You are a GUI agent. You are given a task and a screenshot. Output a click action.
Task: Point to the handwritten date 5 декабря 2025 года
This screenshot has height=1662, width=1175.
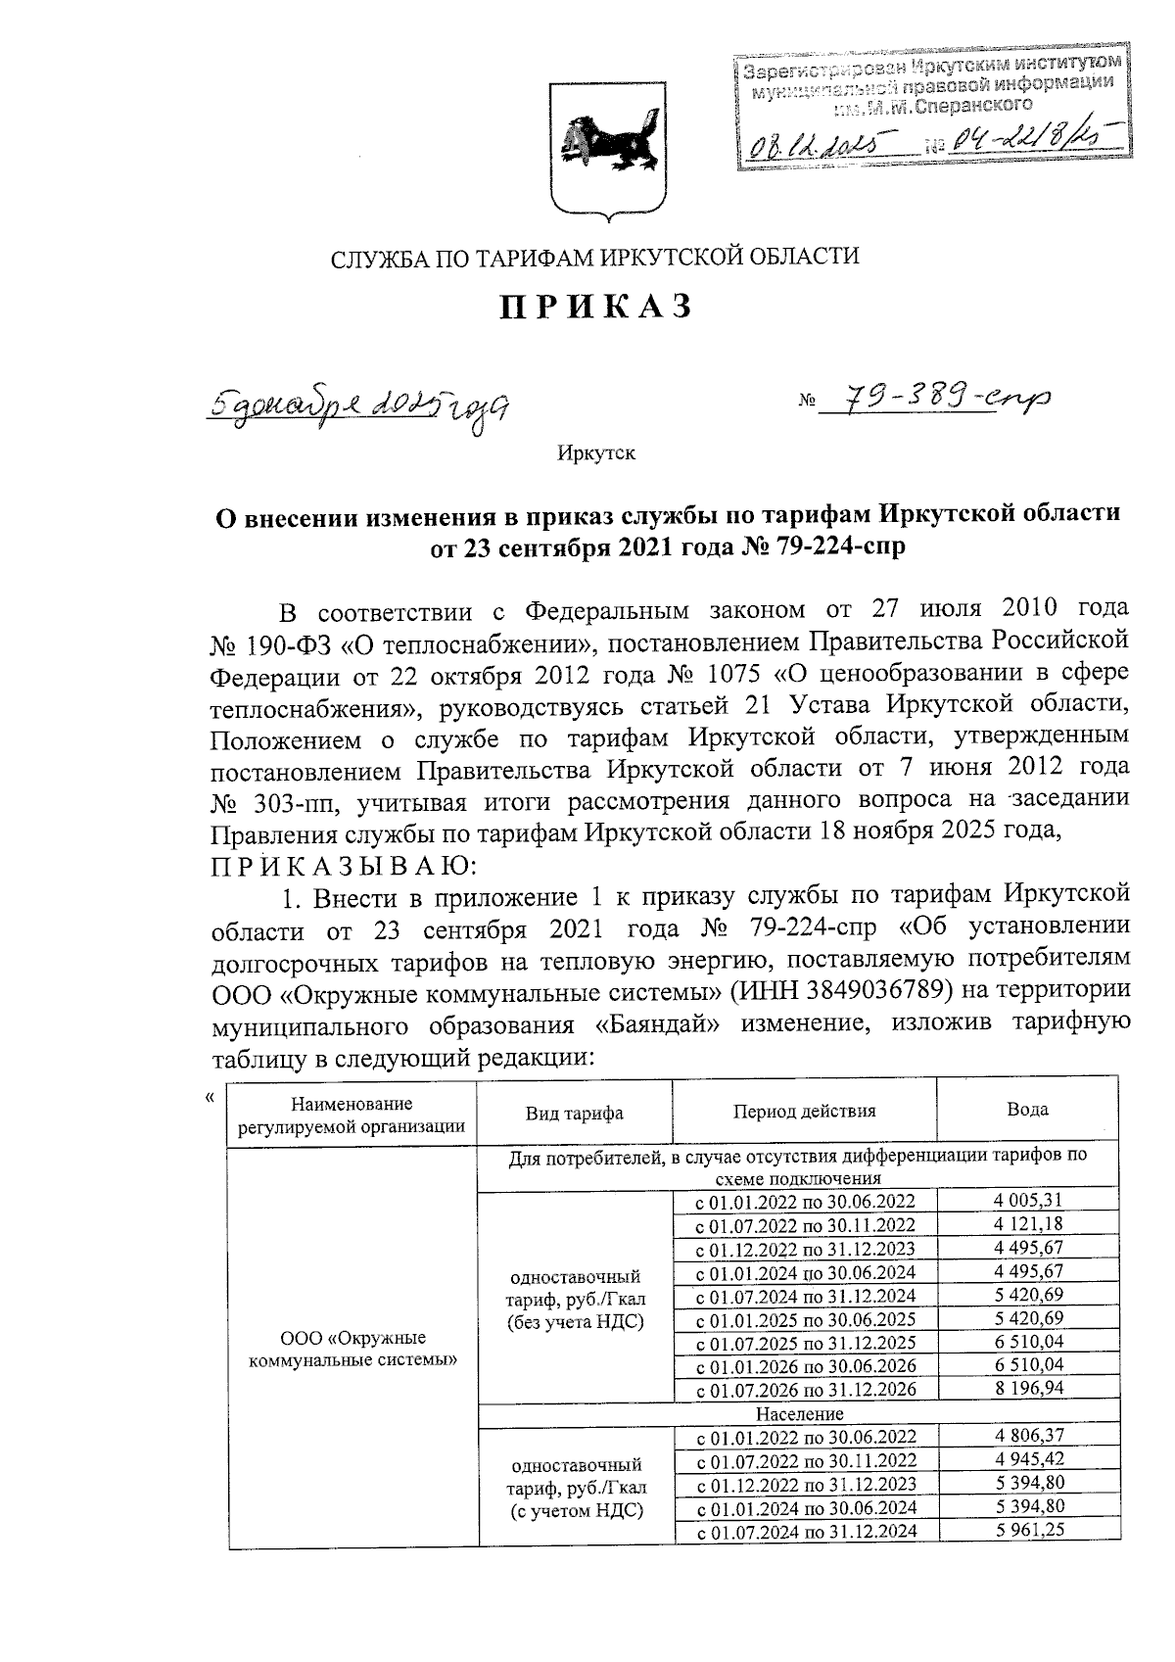(x=361, y=404)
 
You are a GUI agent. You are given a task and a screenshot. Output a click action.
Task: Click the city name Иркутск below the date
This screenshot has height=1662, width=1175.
(x=596, y=453)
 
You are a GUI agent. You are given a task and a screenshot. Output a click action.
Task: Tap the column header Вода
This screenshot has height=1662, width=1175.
(x=1027, y=1110)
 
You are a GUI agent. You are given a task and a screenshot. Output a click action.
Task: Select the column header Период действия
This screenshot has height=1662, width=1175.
(x=804, y=1111)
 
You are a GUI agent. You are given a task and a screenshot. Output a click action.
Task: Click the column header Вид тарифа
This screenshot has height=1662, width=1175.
(x=575, y=1113)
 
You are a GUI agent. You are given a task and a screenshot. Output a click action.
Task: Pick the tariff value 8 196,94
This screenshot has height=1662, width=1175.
(x=1027, y=1389)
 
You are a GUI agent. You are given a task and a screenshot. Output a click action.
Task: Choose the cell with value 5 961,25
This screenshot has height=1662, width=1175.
(x=1027, y=1531)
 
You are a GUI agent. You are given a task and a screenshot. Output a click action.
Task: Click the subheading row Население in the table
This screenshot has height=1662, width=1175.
(x=797, y=1413)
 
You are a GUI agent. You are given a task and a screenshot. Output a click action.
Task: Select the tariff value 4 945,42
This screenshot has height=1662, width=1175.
(x=1027, y=1460)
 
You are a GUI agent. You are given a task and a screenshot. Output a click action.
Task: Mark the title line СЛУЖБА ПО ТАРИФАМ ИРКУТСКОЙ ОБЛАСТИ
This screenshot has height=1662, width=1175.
(x=594, y=258)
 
